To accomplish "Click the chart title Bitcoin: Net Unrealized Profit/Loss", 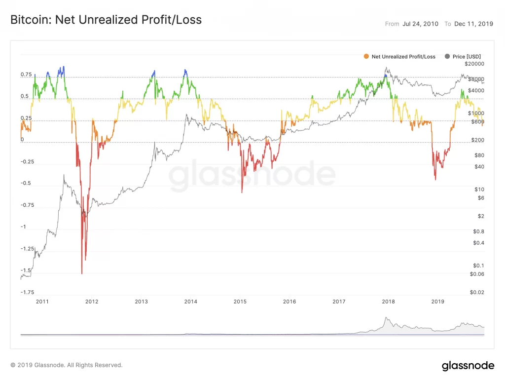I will click(106, 20).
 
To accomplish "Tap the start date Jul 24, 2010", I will click(419, 24).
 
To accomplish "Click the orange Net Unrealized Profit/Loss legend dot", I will click(365, 57).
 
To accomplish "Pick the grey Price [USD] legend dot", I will click(448, 57).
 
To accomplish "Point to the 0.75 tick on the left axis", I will click(26, 75).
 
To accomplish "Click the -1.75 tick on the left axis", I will click(27, 292).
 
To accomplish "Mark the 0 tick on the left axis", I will click(22, 140).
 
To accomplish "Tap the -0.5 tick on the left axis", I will click(27, 183).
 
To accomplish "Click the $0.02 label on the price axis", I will click(476, 292).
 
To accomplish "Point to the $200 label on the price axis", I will click(476, 140).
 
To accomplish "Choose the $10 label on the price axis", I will click(478, 189).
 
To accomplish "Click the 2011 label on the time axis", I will click(42, 301).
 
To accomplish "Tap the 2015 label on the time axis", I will click(240, 301).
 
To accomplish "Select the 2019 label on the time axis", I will click(438, 301).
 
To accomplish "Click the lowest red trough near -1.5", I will click(82, 273).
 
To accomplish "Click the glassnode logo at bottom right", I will click(468, 366).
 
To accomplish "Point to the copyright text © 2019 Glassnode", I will click(67, 365).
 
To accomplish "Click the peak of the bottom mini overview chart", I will click(387, 317).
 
